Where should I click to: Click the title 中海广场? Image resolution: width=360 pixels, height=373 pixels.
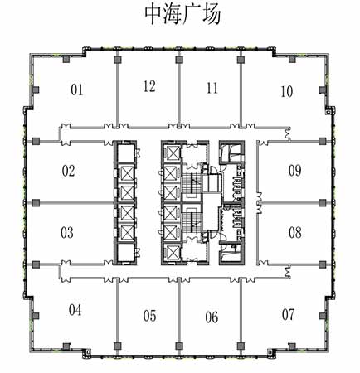coord(182,15)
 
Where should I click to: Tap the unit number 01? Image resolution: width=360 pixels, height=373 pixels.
coord(76,90)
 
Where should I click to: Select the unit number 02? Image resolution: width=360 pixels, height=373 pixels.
coord(68,171)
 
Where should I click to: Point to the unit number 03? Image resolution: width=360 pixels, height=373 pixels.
coord(67,233)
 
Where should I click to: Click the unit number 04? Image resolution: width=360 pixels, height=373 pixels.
coord(75,310)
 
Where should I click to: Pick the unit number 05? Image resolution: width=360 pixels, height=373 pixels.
coord(149,316)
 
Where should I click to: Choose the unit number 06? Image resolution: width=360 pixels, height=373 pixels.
coord(212,317)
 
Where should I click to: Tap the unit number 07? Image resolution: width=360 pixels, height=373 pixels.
coord(288,315)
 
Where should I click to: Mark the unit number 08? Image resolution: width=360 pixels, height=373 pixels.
coord(294,233)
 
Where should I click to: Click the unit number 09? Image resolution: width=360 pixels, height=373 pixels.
coord(294,171)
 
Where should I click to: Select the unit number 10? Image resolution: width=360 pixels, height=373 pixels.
coord(286,92)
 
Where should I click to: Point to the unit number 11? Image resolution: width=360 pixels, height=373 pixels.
coord(212,88)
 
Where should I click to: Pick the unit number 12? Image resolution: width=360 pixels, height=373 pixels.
coord(149,86)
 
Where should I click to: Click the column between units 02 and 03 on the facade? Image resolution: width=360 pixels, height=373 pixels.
coord(36,203)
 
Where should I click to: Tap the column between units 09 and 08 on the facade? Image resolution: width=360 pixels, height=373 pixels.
coord(322,203)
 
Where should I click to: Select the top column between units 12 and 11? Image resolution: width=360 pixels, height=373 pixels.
coord(179,60)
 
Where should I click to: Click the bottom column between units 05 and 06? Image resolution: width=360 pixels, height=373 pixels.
coord(179,346)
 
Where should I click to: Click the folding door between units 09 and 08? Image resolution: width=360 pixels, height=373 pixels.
coord(260,203)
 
